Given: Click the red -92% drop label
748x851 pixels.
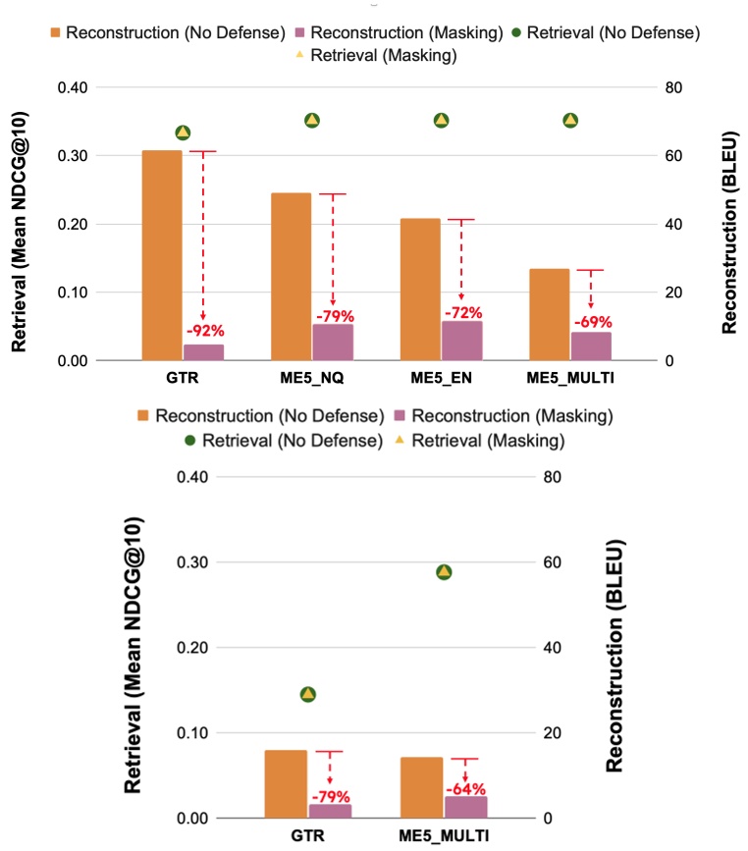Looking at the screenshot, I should coord(204,331).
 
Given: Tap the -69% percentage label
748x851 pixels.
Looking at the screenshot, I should coord(592,322).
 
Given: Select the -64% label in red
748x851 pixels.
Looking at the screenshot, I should coord(465,788).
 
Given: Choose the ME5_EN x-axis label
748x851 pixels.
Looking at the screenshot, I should coord(442,379).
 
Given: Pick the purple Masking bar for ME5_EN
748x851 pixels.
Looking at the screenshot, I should coord(462,341).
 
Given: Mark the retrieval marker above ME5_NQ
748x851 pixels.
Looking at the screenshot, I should coord(312,121).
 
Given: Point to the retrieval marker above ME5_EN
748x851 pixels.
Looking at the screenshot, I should coord(442,121).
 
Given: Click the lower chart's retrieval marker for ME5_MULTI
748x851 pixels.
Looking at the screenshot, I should coord(444,572).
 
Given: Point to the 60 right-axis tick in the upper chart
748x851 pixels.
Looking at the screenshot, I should coord(671,156).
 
